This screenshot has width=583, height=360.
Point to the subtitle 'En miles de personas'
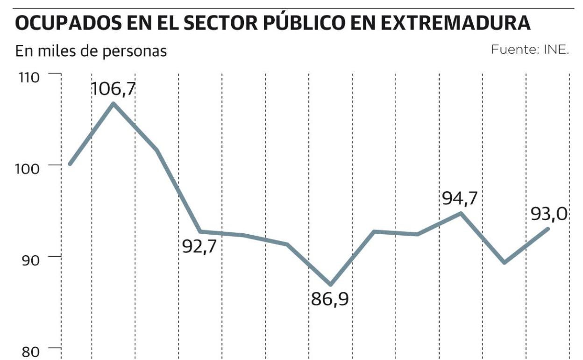click(91, 50)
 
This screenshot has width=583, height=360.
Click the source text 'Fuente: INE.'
click(530, 50)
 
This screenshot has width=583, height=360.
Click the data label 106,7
click(113, 88)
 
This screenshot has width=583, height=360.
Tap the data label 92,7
click(202, 246)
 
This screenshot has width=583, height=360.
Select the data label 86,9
click(330, 299)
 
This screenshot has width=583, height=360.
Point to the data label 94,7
click(460, 198)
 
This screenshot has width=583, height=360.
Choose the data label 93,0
click(549, 214)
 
